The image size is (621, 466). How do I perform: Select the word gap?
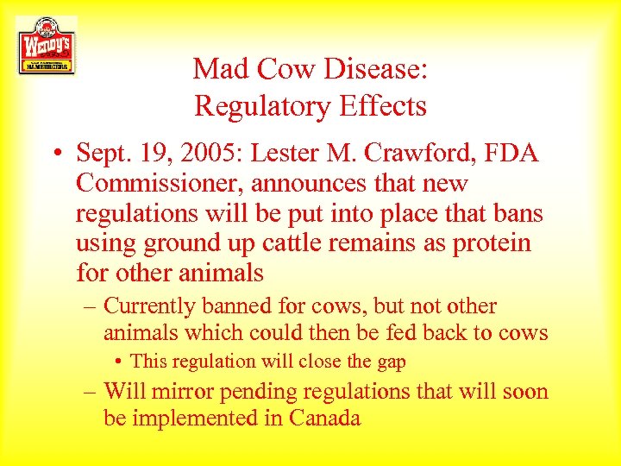(x=389, y=362)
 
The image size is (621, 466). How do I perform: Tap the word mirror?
(x=183, y=392)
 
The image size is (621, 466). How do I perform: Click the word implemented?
(x=197, y=419)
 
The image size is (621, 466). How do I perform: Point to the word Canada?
(x=324, y=419)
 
